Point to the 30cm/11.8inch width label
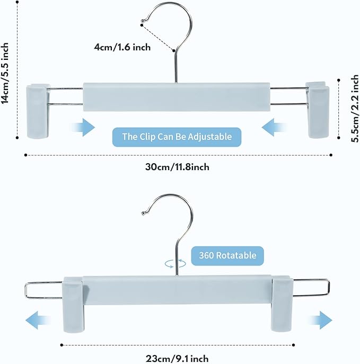coord(177,167)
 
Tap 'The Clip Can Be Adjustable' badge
coord(177,137)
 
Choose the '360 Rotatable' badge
coord(227,255)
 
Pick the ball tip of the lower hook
coord(143,214)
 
